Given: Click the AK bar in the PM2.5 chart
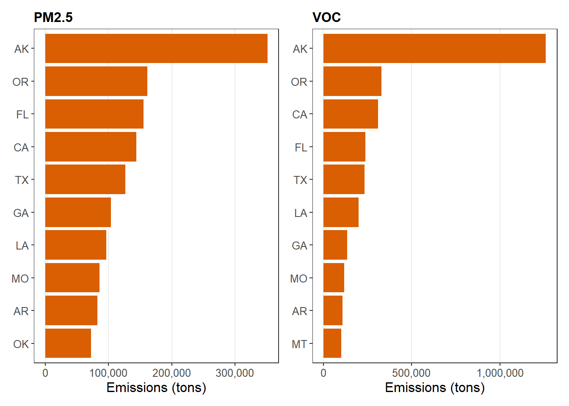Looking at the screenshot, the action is pyautogui.click(x=156, y=48).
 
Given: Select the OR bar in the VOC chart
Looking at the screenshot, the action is pyautogui.click(x=352, y=81).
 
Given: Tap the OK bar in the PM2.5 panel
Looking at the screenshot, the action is pyautogui.click(x=68, y=343).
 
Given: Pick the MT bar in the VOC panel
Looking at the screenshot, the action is pyautogui.click(x=332, y=343).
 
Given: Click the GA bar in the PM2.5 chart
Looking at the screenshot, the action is pyautogui.click(x=78, y=212).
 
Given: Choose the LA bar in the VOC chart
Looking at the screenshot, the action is pyautogui.click(x=341, y=212).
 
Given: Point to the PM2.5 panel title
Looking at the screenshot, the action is pyautogui.click(x=53, y=17).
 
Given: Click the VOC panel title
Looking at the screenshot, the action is pyautogui.click(x=326, y=17).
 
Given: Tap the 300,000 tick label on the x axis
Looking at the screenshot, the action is pyautogui.click(x=235, y=373).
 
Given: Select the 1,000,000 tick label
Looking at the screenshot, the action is pyautogui.click(x=500, y=373).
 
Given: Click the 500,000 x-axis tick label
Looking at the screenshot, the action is pyautogui.click(x=411, y=373).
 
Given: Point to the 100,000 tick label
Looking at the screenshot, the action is pyautogui.click(x=108, y=373).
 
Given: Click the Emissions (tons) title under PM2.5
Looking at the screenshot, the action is pyautogui.click(x=156, y=388).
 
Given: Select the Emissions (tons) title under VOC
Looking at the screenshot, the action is pyautogui.click(x=435, y=388).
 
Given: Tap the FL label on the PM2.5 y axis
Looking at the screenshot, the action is pyautogui.click(x=22, y=115).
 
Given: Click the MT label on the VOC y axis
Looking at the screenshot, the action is pyautogui.click(x=299, y=344).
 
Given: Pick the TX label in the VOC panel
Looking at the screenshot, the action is pyautogui.click(x=301, y=180).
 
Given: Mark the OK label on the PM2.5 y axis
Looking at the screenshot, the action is pyautogui.click(x=21, y=344).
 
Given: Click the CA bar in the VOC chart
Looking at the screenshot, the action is pyautogui.click(x=351, y=114).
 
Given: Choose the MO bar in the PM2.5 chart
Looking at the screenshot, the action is pyautogui.click(x=72, y=277).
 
